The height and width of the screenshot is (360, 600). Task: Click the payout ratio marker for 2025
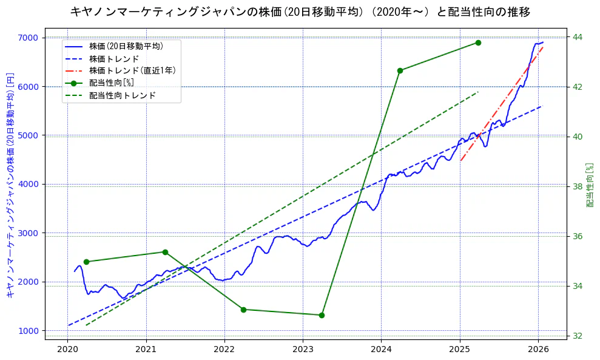478,42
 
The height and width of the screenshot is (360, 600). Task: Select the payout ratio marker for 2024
400,70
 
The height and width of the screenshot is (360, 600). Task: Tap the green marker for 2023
322,315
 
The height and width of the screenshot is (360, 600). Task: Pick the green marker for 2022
243,310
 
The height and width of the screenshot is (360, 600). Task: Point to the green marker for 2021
165,252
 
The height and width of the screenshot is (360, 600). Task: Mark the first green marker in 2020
86,262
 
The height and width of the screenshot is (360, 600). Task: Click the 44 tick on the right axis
578,37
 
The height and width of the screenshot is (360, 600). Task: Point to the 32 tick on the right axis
578,336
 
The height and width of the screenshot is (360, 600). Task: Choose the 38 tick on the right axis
578,186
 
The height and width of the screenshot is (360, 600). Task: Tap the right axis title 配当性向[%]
590,185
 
